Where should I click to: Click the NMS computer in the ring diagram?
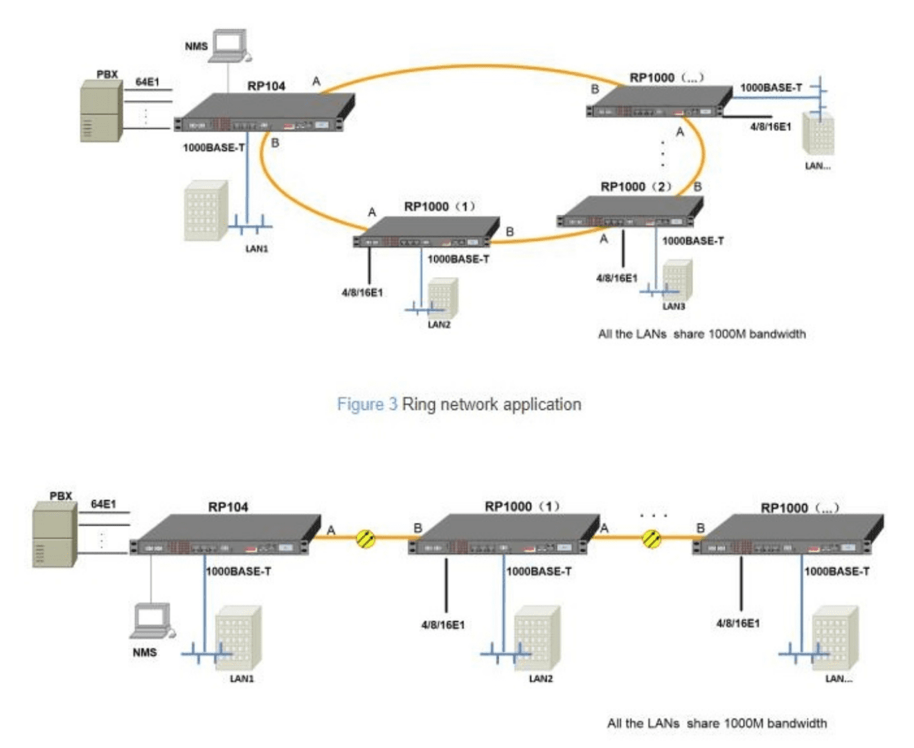229,46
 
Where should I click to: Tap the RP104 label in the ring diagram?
267,86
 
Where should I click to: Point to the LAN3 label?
673,306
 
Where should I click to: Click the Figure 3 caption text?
458,404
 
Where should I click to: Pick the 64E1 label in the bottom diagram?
104,504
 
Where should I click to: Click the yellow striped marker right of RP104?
366,538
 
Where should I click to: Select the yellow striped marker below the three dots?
652,537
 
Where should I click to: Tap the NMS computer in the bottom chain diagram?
152,621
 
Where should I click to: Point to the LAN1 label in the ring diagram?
256,249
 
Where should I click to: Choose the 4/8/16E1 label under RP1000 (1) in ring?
361,292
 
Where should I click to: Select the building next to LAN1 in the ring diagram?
206,211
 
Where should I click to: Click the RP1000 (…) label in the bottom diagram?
800,508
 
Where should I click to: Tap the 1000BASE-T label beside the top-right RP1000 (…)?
771,87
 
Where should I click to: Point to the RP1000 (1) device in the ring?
426,232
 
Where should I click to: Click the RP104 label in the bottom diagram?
228,507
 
